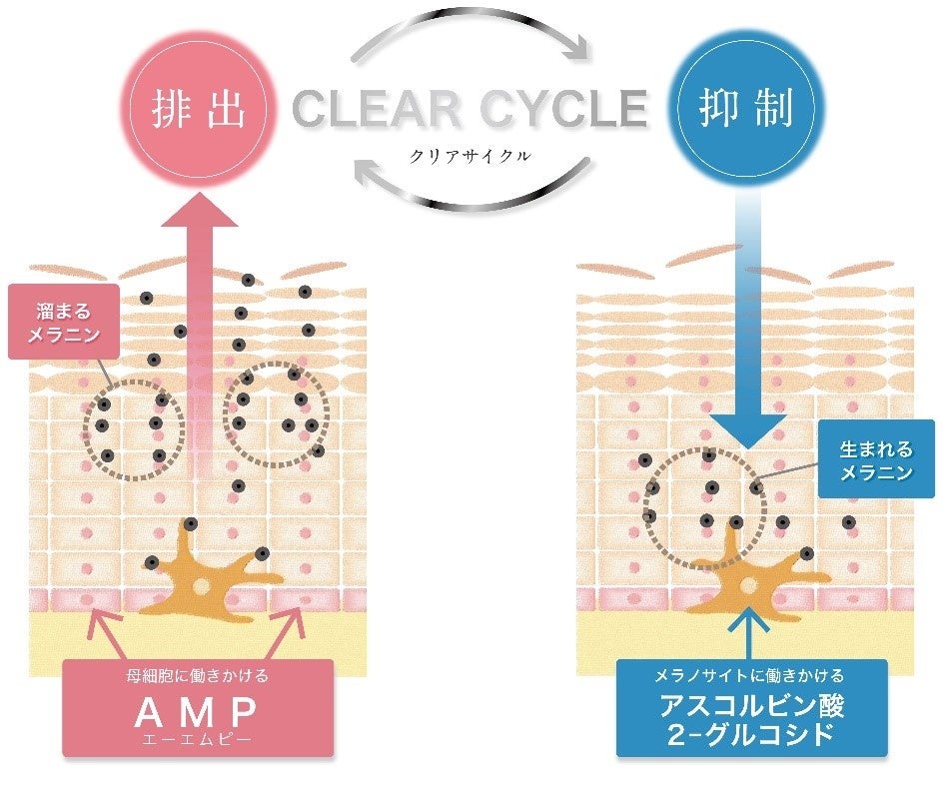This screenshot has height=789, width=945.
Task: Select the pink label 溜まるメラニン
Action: (64, 322)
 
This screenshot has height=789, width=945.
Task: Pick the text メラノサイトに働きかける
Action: (750, 676)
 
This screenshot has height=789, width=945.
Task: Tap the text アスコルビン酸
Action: (751, 706)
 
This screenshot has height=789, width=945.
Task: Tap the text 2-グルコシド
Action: (751, 736)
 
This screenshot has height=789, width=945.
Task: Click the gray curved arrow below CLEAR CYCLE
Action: (470, 190)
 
